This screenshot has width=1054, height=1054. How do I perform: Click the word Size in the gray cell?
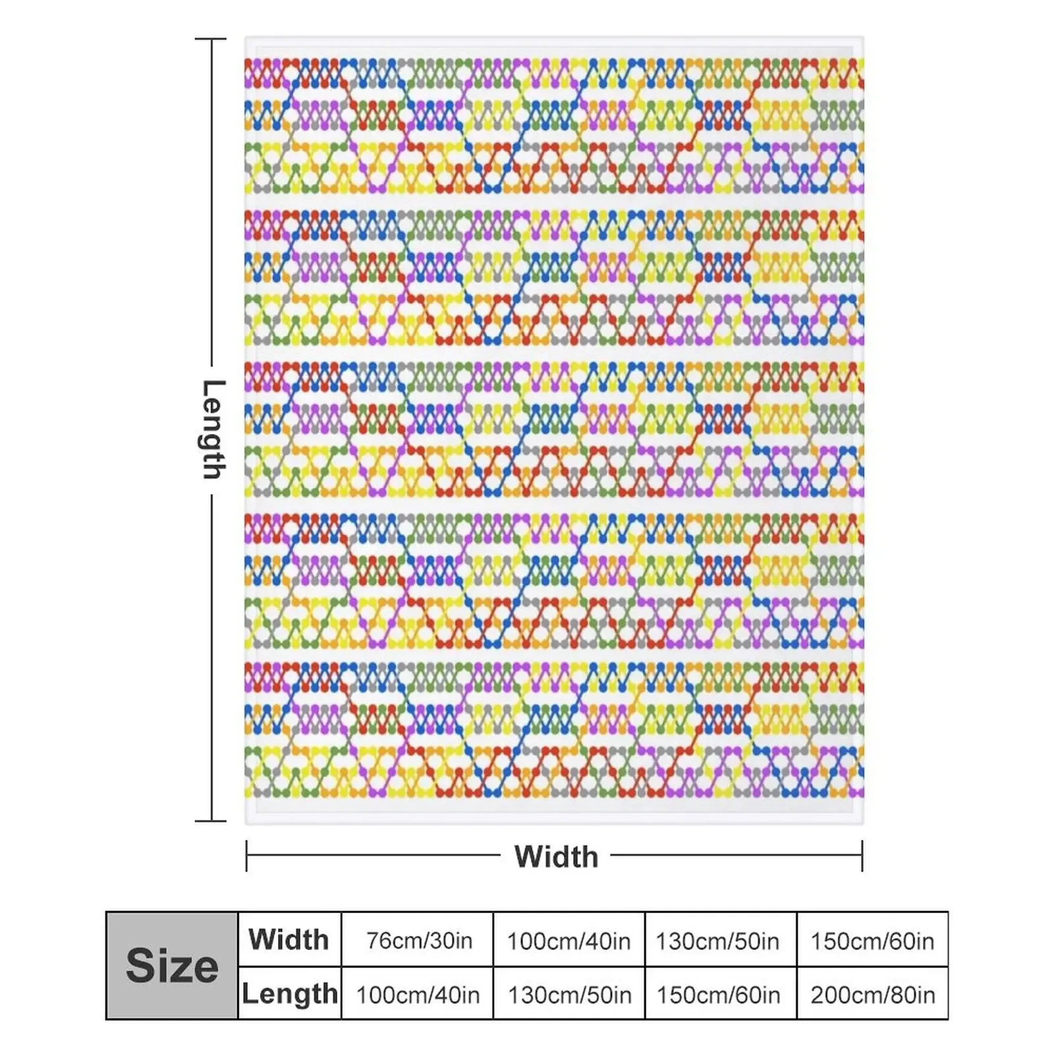point(172,966)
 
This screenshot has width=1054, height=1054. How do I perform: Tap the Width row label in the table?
point(289,939)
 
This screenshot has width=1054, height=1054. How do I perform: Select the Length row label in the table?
point(290,993)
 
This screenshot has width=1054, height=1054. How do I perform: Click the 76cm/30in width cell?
point(419,941)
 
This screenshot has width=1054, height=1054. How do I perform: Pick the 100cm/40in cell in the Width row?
point(569,941)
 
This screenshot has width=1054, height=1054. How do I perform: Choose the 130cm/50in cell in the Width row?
point(717,941)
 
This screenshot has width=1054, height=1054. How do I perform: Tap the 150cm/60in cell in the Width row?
point(872,941)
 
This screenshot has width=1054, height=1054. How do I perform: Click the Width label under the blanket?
point(556,856)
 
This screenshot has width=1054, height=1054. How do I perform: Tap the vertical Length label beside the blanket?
point(213,429)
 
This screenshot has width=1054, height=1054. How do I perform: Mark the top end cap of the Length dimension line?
point(211,40)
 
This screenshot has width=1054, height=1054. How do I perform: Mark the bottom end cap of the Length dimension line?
point(211,821)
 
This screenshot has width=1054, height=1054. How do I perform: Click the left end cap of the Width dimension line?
point(246,856)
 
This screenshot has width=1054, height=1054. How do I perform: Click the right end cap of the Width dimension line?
point(862,856)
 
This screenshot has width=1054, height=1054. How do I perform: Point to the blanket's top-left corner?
point(246,38)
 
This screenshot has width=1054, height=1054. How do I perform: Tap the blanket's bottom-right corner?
point(862,823)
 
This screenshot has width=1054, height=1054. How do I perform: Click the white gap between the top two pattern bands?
point(553,202)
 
